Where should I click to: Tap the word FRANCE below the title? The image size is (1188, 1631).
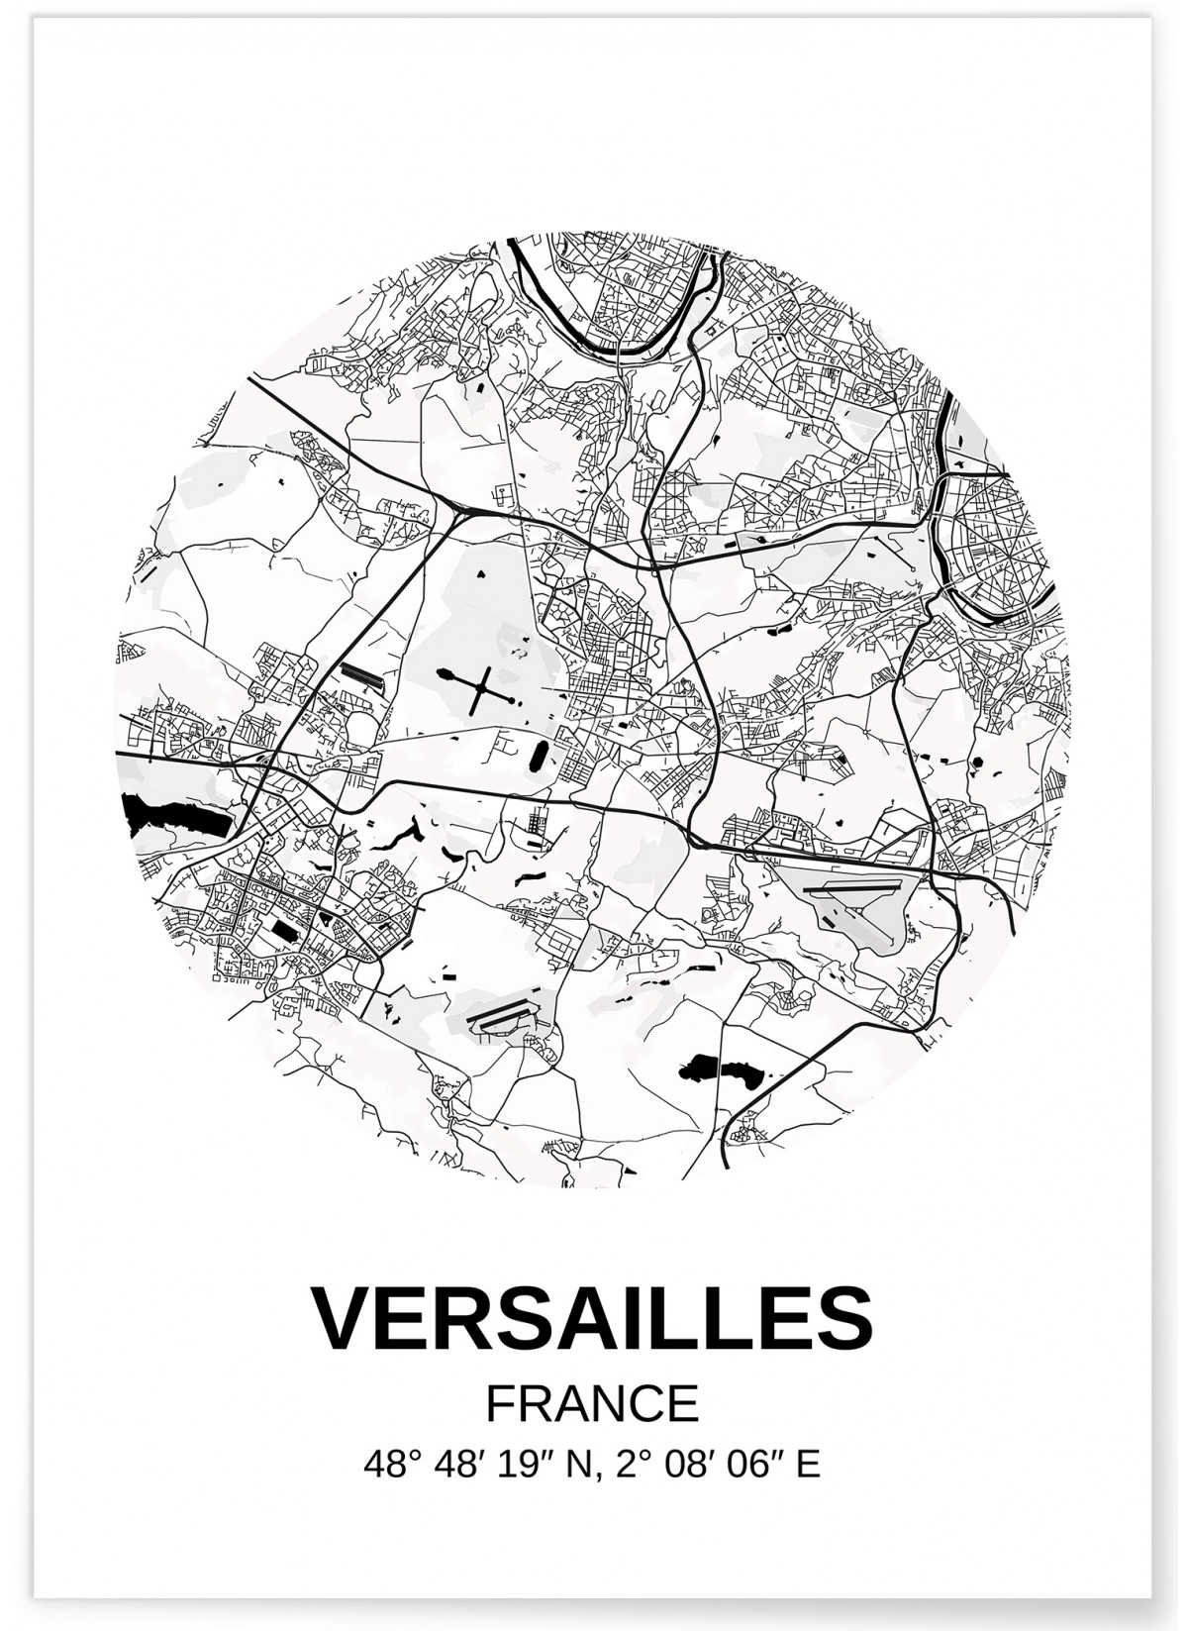(593, 1403)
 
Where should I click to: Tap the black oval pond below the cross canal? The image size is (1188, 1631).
(539, 755)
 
